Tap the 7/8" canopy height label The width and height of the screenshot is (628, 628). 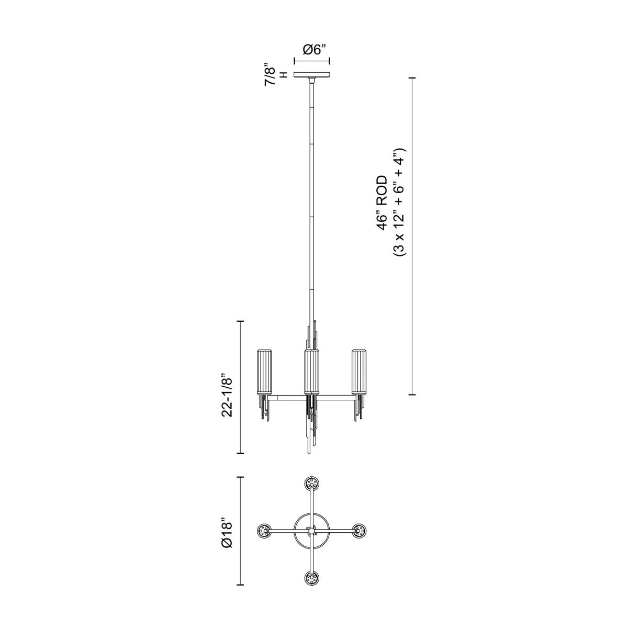pyautogui.click(x=271, y=75)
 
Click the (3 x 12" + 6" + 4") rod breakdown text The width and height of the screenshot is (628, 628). pyautogui.click(x=400, y=202)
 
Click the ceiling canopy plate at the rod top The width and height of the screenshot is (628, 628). pyautogui.click(x=312, y=75)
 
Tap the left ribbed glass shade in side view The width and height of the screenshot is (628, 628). pyautogui.click(x=263, y=371)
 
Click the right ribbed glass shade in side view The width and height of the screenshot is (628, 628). pyautogui.click(x=359, y=371)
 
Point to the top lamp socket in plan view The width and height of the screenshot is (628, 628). pyautogui.click(x=312, y=483)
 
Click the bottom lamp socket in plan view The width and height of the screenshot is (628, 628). pyautogui.click(x=312, y=579)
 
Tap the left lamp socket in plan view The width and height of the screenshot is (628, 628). pyautogui.click(x=264, y=531)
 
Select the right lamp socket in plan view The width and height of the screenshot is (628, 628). pyautogui.click(x=360, y=531)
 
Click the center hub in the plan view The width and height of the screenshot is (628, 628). pyautogui.click(x=312, y=531)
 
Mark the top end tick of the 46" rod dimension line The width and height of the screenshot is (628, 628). pyautogui.click(x=413, y=77)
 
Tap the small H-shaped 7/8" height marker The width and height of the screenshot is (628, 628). pyautogui.click(x=284, y=75)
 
